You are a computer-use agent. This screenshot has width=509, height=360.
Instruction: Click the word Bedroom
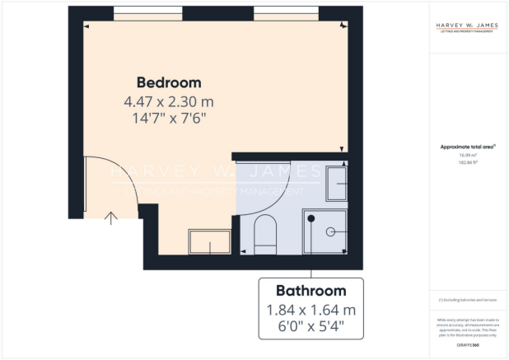pos(169,83)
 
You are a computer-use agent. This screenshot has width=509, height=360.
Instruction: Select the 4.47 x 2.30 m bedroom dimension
pos(169,101)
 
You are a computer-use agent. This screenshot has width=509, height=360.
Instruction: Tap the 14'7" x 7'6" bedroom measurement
pos(169,118)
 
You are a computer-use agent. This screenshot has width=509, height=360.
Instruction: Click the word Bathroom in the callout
pos(311,291)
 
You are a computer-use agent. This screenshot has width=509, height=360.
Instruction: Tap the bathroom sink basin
pos(335,183)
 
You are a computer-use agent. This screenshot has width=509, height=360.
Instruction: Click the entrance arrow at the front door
pos(112,217)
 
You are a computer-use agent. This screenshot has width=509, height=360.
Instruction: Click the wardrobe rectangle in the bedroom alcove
pos(211,242)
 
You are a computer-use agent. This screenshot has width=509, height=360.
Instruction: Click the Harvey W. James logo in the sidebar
pos(467,27)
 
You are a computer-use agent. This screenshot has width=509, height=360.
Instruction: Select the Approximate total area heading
pos(467,147)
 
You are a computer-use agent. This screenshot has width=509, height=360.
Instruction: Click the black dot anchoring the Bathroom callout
pos(311,217)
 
